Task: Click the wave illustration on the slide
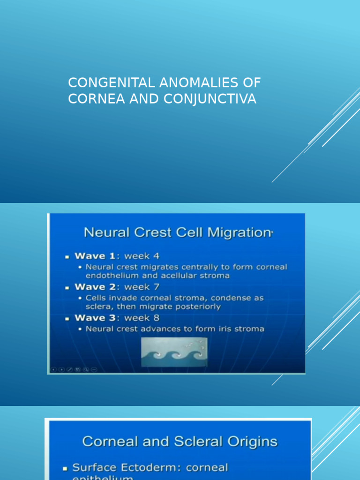coord(174,352)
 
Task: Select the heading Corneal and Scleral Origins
coord(180,442)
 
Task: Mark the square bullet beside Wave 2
coord(67,287)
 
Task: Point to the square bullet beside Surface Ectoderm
coord(65,468)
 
